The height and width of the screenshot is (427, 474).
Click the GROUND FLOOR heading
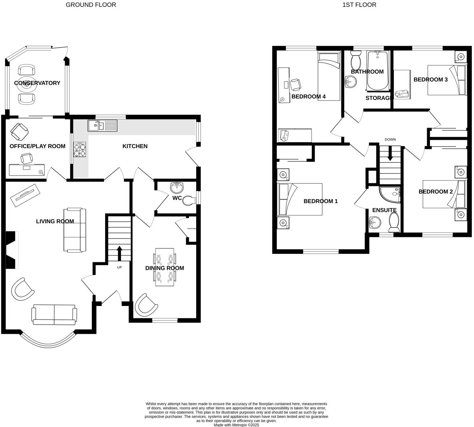coord(91,5)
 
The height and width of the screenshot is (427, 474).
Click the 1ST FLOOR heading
coord(359,5)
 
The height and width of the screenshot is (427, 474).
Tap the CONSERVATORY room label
coord(37,83)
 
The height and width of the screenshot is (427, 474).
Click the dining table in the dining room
coord(165,267)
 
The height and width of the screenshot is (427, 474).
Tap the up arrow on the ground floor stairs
coord(119,253)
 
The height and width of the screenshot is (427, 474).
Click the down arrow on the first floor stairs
coord(390,155)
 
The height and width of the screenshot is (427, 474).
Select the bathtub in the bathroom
coord(378,71)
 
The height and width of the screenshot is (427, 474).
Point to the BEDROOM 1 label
coord(320,201)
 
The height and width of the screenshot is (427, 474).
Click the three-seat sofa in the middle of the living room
coord(75,230)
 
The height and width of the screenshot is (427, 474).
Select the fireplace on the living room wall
coord(12,250)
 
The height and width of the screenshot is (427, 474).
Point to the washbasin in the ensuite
coord(374,223)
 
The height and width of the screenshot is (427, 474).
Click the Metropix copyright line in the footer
coord(236,425)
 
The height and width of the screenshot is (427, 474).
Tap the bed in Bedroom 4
coord(329,76)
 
